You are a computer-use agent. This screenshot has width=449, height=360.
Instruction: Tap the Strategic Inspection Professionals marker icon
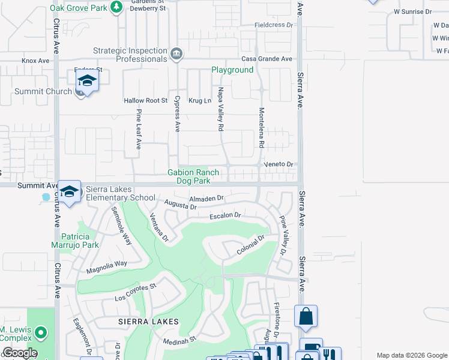pyautogui.click(x=176, y=53)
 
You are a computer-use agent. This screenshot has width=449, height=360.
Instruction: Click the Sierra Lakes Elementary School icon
pyautogui.click(x=70, y=191)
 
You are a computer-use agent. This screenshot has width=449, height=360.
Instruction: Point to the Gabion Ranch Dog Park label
pyautogui.click(x=193, y=176)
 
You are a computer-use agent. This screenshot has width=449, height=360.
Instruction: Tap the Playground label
pyautogui.click(x=232, y=70)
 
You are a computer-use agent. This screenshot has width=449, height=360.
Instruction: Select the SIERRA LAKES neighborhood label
pyautogui.click(x=148, y=322)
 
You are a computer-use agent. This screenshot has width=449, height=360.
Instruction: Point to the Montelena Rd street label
pyautogui.click(x=261, y=128)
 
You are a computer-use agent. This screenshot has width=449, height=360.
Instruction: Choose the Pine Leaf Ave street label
pyautogui.click(x=138, y=129)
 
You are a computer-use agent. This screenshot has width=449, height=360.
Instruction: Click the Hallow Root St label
pyautogui.click(x=145, y=101)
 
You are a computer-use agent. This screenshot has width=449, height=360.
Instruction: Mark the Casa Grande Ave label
pyautogui.click(x=267, y=59)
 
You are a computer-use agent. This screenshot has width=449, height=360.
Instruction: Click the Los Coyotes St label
pyautogui.click(x=136, y=293)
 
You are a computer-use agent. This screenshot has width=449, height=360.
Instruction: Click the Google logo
pyautogui.click(x=19, y=353)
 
